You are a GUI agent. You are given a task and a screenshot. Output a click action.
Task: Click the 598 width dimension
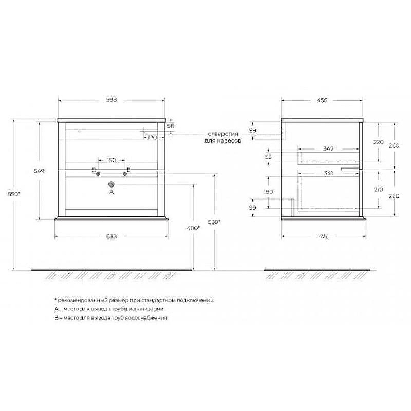tap(111, 100)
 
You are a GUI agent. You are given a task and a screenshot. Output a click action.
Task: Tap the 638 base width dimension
tap(111, 236)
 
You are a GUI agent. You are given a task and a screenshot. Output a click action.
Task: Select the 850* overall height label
tap(14, 194)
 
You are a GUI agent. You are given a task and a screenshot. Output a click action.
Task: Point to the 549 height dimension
tap(40, 171)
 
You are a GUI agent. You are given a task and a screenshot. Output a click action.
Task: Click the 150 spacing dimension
tap(111, 160)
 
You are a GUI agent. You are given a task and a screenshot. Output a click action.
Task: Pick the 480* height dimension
tap(194, 228)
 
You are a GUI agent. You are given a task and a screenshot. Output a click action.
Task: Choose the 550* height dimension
tap(214, 222)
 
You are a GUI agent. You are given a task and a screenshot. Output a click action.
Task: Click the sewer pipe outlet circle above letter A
tap(111, 184)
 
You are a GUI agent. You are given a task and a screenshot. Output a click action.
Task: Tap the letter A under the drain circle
tap(111, 192)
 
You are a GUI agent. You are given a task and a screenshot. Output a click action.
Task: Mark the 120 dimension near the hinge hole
tap(152, 137)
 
